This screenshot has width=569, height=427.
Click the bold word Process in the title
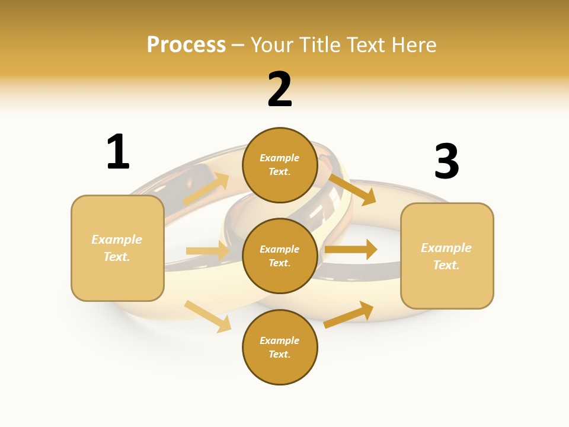[x=186, y=45]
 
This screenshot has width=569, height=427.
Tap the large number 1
[x=118, y=152]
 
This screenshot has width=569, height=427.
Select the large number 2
[x=280, y=90]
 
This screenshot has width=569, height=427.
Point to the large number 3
[x=447, y=162]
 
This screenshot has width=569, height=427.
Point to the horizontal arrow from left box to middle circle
[x=207, y=251]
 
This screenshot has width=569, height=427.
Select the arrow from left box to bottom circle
[x=207, y=316]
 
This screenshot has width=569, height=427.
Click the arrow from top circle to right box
[x=352, y=189]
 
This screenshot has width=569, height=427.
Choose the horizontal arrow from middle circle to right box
[x=351, y=250]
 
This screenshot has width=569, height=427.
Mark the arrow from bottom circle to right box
[x=349, y=315]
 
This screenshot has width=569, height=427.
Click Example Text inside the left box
[x=117, y=248]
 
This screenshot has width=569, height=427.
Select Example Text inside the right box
[x=446, y=256]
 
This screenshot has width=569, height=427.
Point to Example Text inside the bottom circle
[x=280, y=348]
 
